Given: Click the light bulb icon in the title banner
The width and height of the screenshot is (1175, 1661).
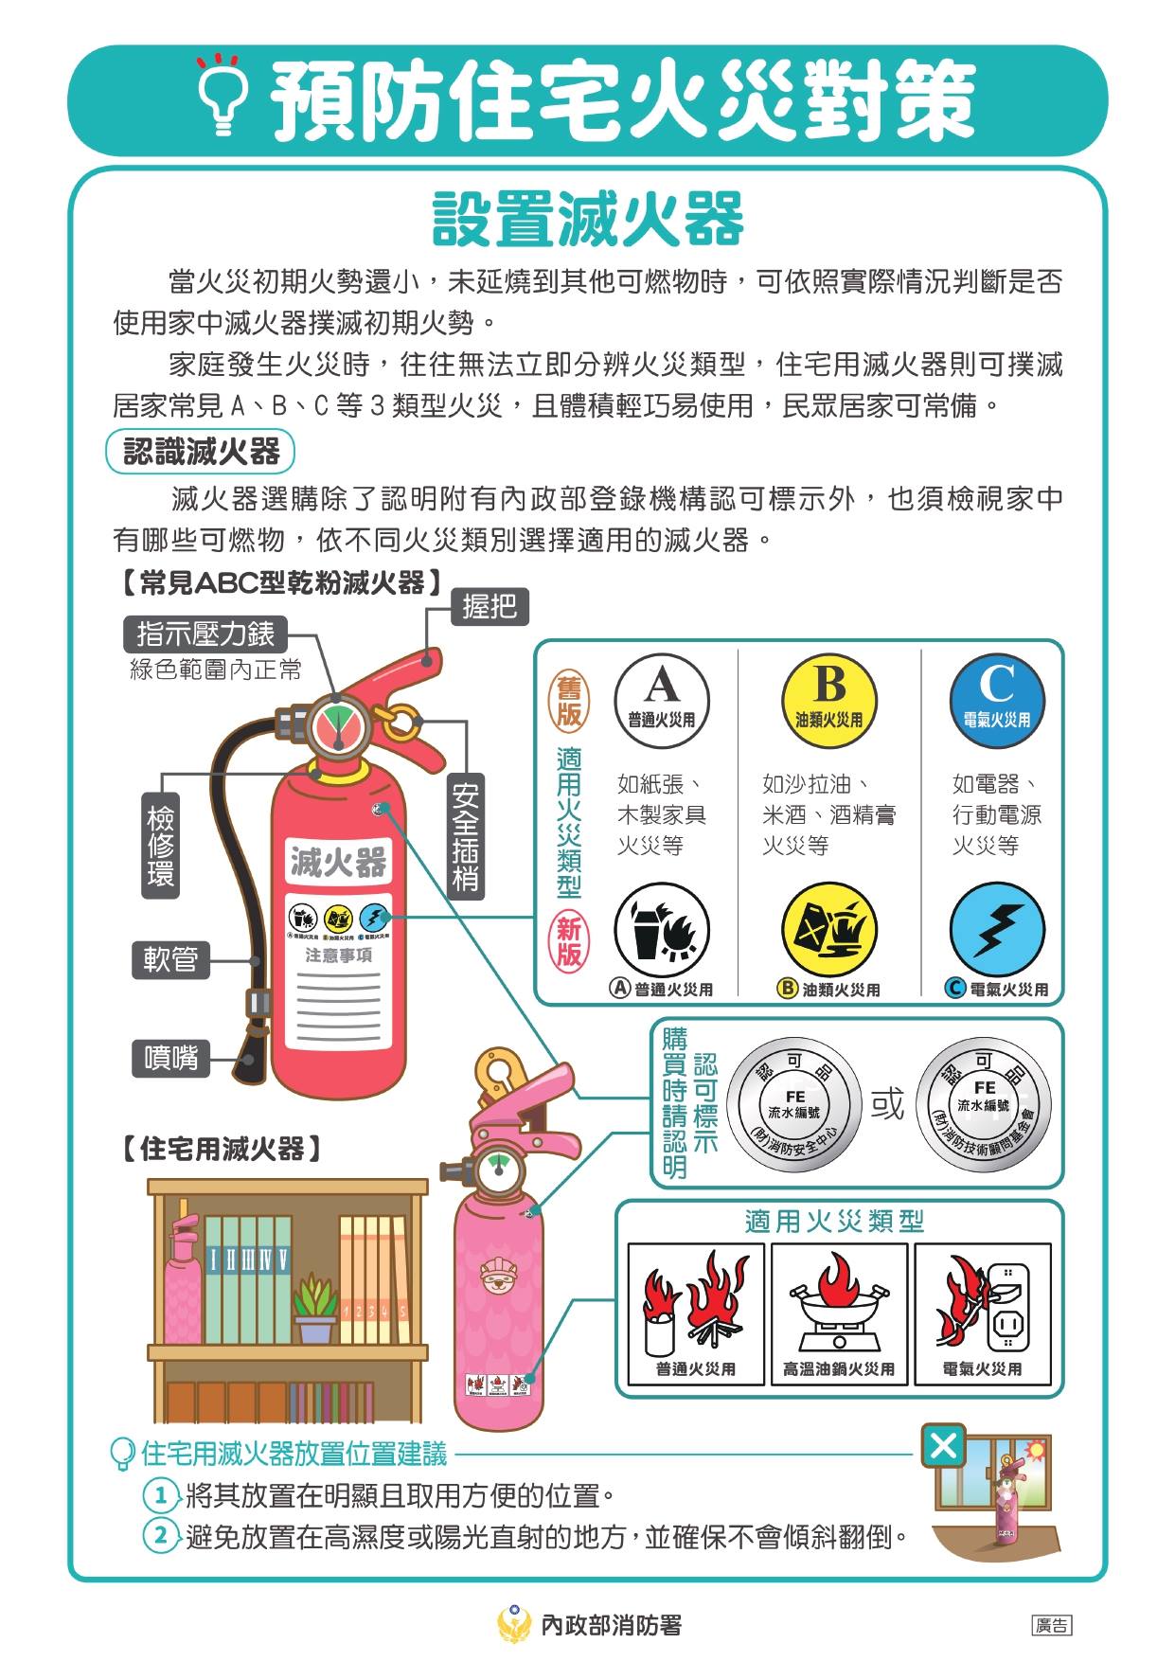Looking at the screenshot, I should point(223,95).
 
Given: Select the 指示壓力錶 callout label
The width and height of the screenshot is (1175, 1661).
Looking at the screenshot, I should point(205,634).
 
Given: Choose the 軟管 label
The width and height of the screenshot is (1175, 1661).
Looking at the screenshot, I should point(170,959).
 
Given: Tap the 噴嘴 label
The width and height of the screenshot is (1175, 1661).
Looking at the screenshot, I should point(170,1057).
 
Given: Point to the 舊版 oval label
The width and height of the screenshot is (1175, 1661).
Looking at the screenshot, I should point(569,701).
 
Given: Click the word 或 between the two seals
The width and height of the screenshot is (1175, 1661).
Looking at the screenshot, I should point(888,1103).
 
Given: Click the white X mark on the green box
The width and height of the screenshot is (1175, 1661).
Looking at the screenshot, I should point(943,1446).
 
